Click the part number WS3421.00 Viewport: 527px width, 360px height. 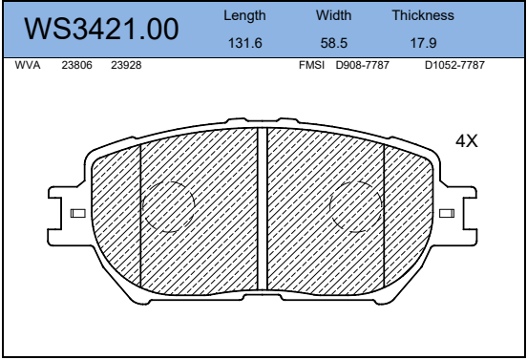click(x=101, y=30)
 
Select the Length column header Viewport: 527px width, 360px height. click(x=244, y=15)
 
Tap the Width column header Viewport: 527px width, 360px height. click(x=333, y=15)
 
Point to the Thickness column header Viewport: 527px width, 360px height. click(x=423, y=15)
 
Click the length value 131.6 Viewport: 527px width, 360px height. click(x=245, y=43)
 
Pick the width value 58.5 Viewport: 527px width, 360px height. click(x=334, y=43)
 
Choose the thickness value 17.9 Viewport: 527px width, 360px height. click(x=423, y=43)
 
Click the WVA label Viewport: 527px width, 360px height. click(x=28, y=65)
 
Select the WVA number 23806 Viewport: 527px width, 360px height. click(x=76, y=65)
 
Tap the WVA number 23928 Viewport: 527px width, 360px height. click(x=126, y=65)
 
